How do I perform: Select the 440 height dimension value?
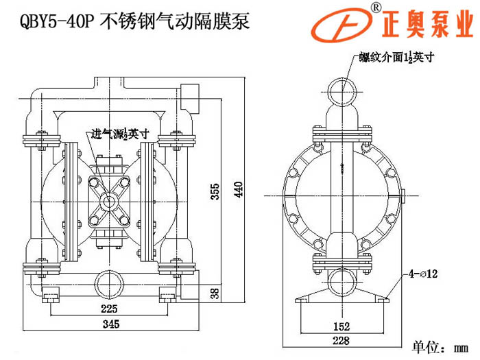tap(238, 189)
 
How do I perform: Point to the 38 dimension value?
tap(215, 293)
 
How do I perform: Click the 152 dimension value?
tap(342, 326)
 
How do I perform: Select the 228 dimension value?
tap(342, 341)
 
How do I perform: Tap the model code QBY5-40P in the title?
tap(51, 21)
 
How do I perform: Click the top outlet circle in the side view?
tap(341, 91)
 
